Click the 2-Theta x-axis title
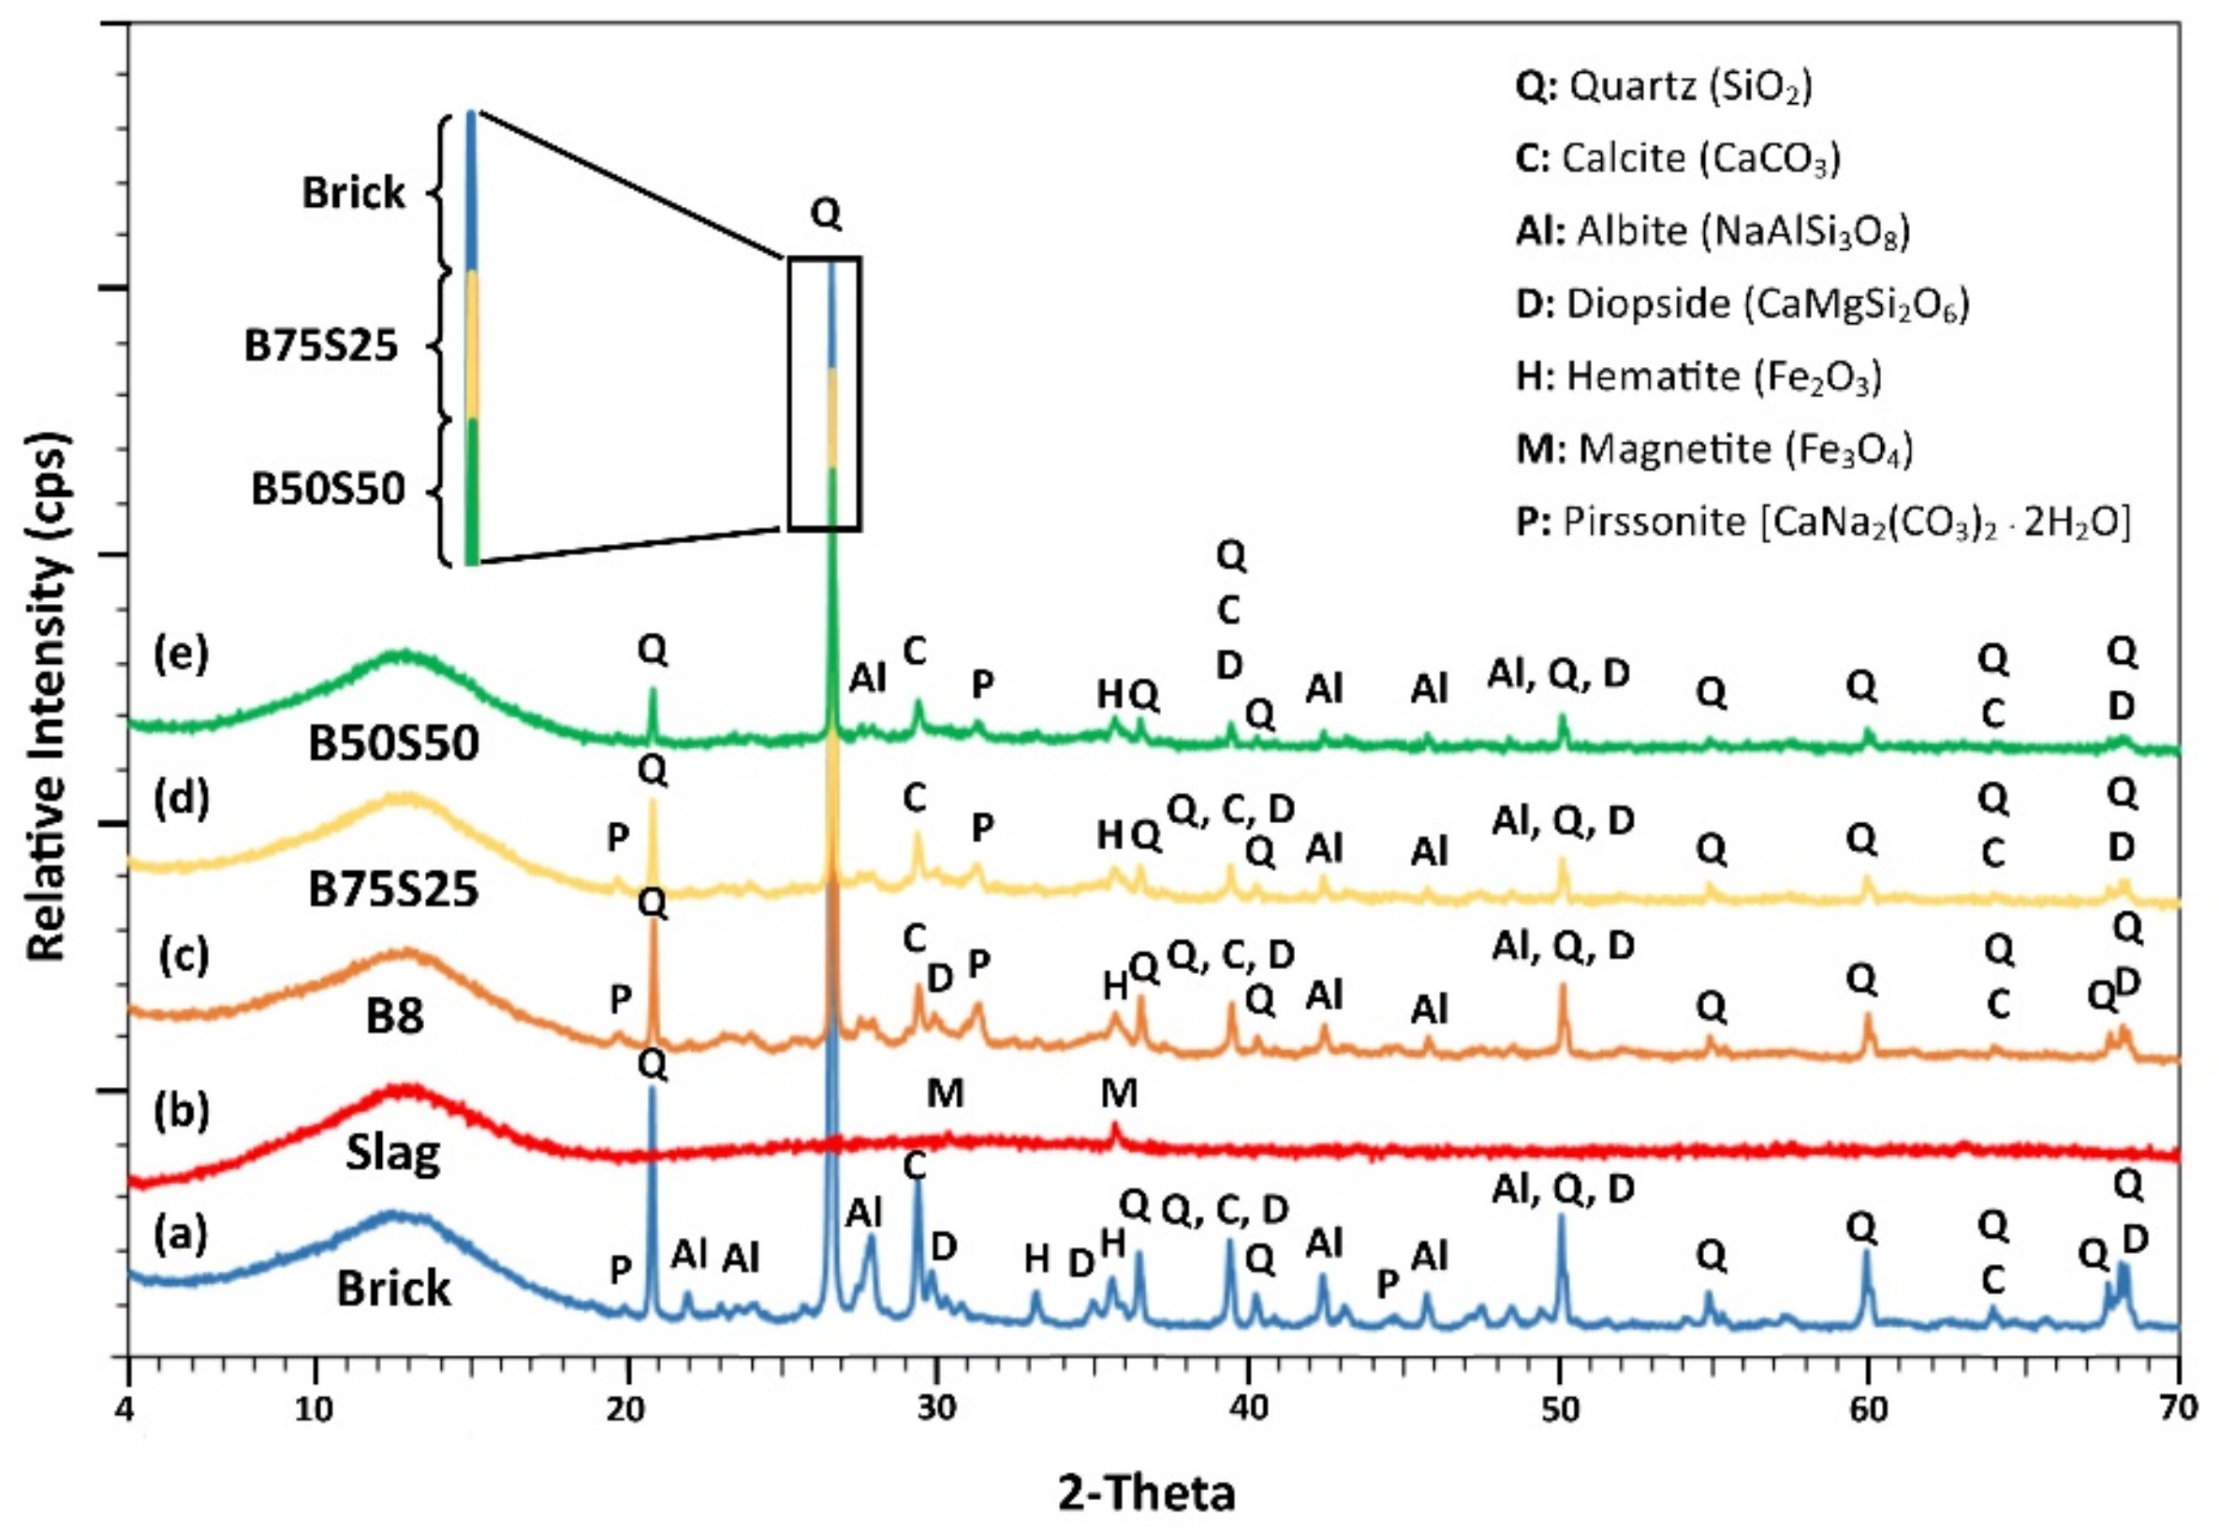[x=1147, y=1493]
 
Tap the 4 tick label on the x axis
[x=128, y=1410]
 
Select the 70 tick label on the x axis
[x=2179, y=1410]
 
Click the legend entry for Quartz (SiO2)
[x=1663, y=87]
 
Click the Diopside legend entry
[x=1741, y=304]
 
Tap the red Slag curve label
[x=393, y=1153]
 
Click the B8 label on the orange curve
[x=395, y=1017]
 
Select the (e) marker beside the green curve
[x=182, y=656]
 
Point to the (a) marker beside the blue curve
[x=182, y=1235]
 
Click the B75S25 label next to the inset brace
[x=320, y=346]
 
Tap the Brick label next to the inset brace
[x=353, y=193]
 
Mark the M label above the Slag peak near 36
[x=1118, y=1093]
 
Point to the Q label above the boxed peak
[x=826, y=213]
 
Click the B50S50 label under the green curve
[x=393, y=744]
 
